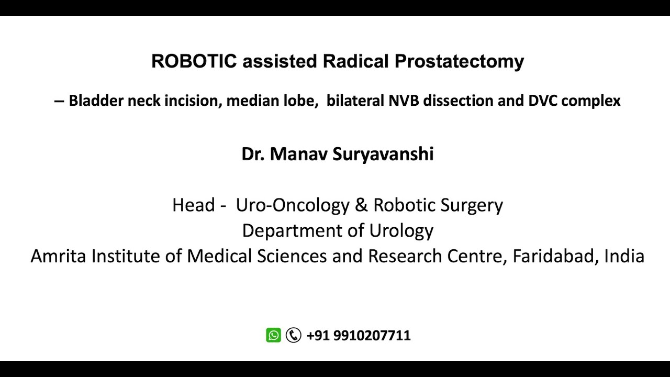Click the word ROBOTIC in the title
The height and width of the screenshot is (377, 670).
194,61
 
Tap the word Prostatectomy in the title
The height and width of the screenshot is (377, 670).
459,61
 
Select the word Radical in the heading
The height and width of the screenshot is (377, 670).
356,61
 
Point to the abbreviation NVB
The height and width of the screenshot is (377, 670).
404,100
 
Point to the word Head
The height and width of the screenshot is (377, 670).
193,205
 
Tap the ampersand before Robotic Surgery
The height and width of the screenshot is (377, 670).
361,205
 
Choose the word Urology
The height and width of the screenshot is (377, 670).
401,230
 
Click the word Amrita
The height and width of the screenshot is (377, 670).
58,256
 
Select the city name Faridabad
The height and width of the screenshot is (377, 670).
555,256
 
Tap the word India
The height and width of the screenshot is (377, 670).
624,256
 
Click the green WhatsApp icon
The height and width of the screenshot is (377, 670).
273,335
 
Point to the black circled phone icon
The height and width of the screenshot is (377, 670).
294,335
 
